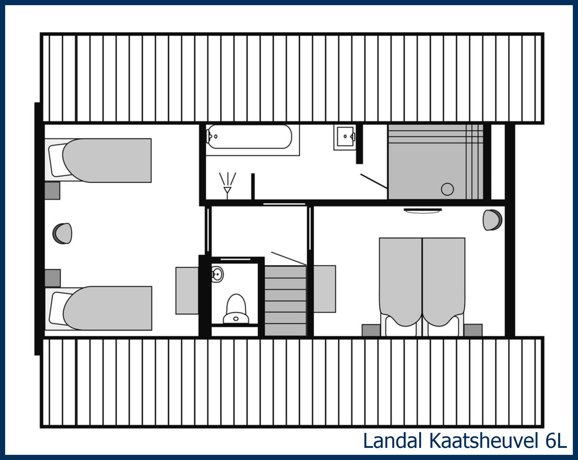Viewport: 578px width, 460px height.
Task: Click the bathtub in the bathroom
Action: [x=249, y=137]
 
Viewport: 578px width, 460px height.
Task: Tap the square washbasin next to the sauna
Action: [x=345, y=137]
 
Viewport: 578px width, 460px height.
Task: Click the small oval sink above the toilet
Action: [x=218, y=274]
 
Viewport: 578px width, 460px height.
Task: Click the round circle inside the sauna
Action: [x=447, y=189]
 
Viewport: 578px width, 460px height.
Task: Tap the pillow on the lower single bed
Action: [x=58, y=308]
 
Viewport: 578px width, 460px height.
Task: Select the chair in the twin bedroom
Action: [x=63, y=233]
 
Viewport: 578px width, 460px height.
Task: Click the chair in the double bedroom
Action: [x=492, y=220]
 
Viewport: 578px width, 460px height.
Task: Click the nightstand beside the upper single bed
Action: [x=52, y=191]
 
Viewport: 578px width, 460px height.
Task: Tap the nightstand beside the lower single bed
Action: [x=53, y=278]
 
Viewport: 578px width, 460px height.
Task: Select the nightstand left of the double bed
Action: [x=371, y=330]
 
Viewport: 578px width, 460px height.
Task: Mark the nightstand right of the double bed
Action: [x=473, y=330]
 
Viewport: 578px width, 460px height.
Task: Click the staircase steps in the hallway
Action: [x=285, y=300]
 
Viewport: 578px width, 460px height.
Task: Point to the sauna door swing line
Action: [x=374, y=181]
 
